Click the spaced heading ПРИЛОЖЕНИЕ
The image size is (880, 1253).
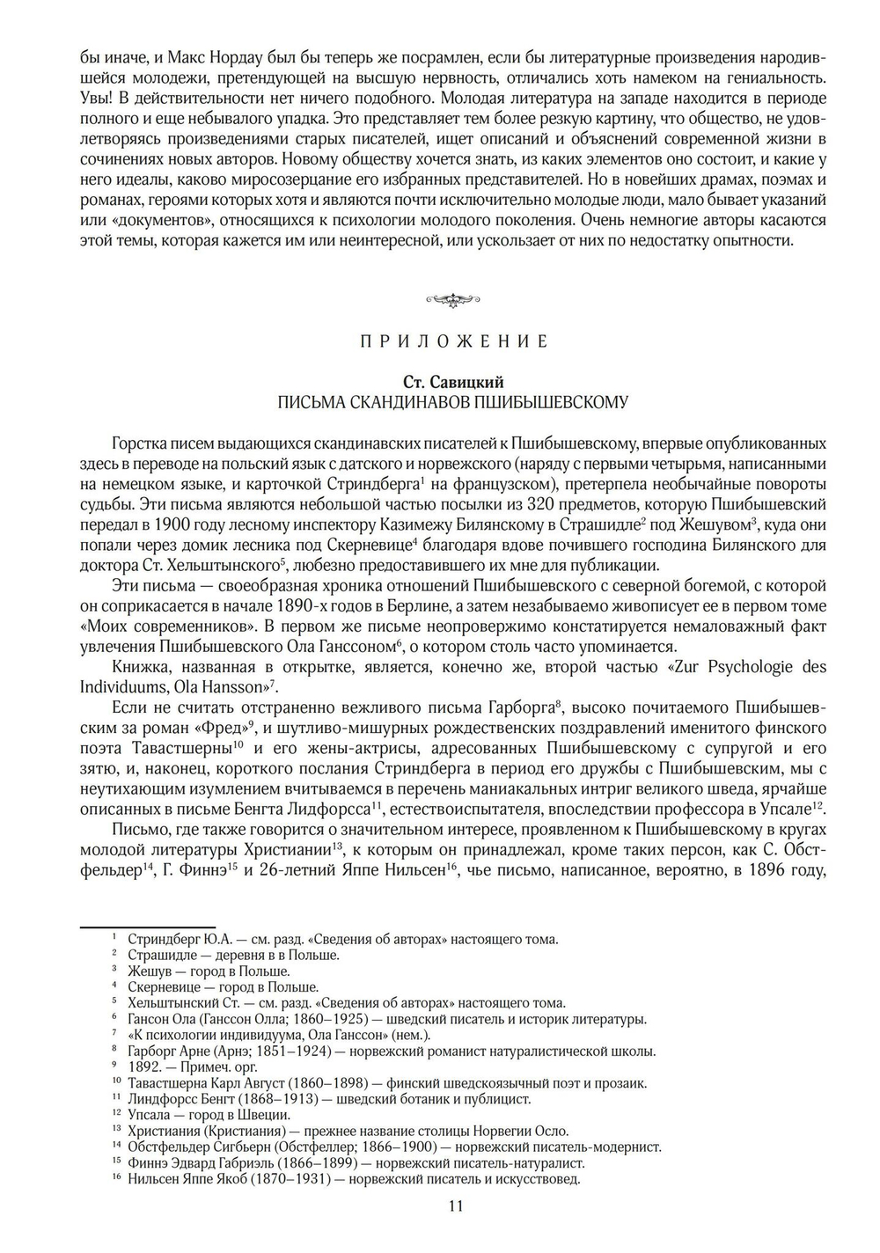(453, 341)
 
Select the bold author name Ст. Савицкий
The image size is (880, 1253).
(453, 382)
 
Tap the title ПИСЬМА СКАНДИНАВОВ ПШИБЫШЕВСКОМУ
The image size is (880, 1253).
(453, 403)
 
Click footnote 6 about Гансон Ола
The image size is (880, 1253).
(387, 1020)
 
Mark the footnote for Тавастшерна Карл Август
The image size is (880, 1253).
(387, 1083)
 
